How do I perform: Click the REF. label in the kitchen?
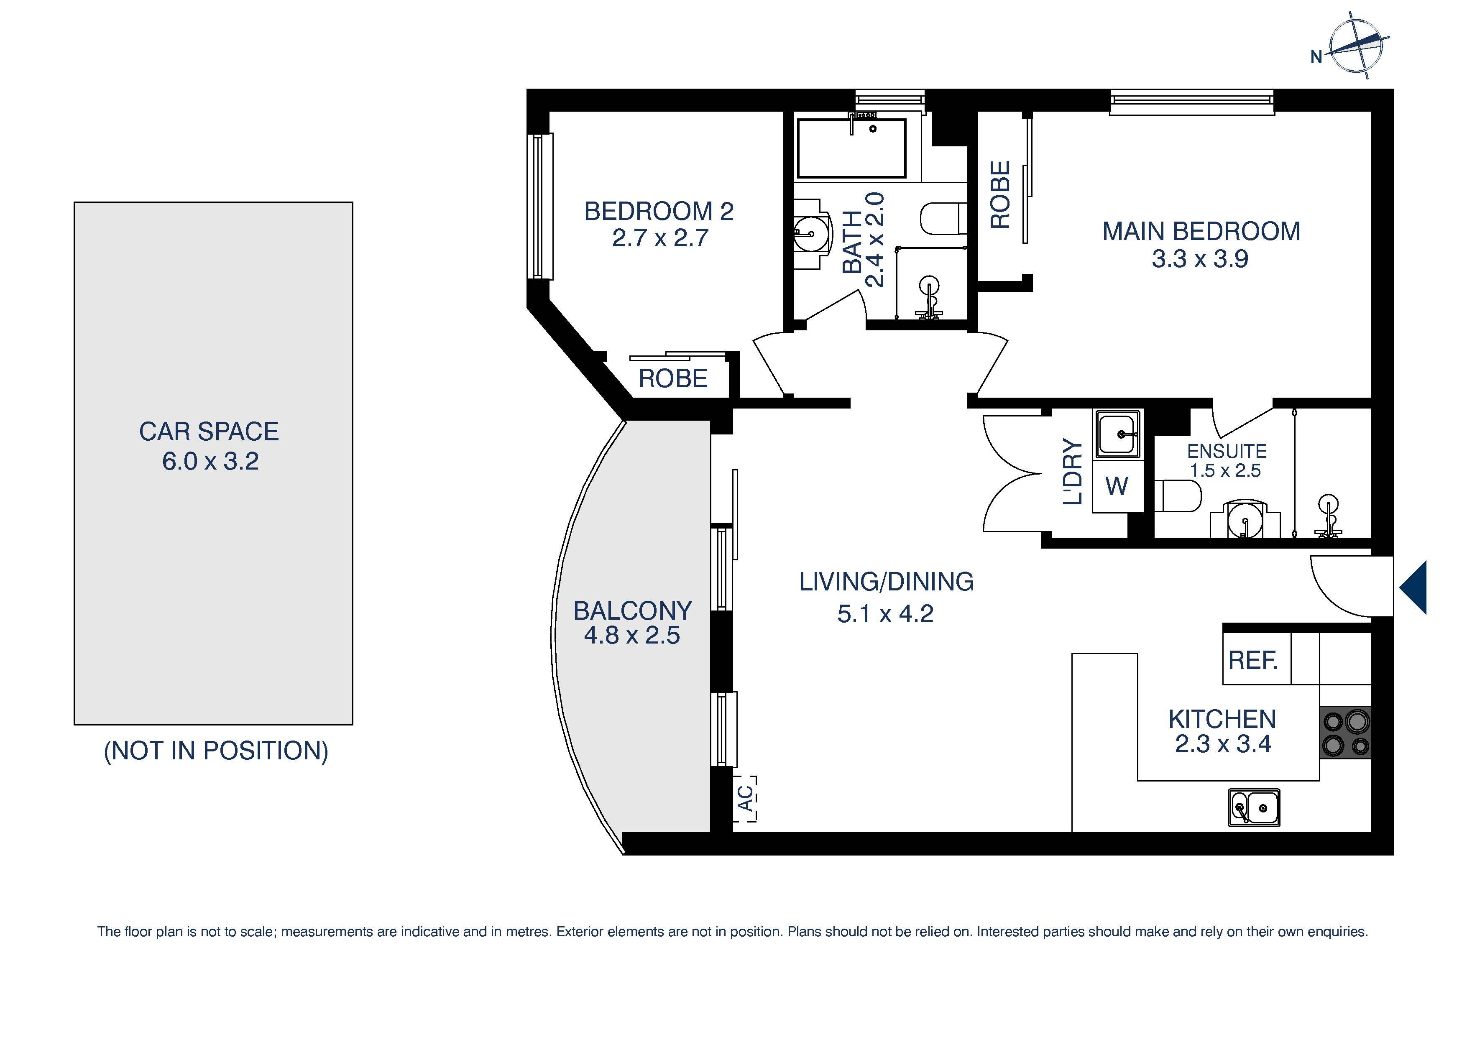(1252, 660)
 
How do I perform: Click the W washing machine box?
(1117, 487)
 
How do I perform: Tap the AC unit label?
(745, 798)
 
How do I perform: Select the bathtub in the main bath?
(851, 148)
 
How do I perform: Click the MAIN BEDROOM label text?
(1201, 231)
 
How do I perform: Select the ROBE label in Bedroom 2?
(673, 379)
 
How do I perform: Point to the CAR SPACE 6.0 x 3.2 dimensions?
(210, 461)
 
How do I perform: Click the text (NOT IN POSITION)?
(216, 751)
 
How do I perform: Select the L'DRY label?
(1073, 472)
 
